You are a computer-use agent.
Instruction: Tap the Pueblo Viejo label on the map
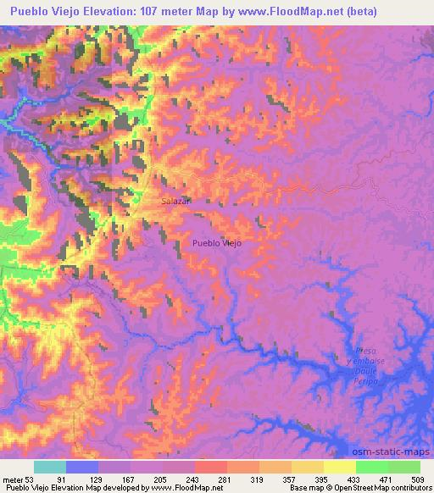pos(217,243)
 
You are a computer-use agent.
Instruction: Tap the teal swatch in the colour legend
pos(50,467)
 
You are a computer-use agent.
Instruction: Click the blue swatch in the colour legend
pos(82,467)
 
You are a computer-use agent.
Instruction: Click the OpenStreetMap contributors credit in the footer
pos(381,489)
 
